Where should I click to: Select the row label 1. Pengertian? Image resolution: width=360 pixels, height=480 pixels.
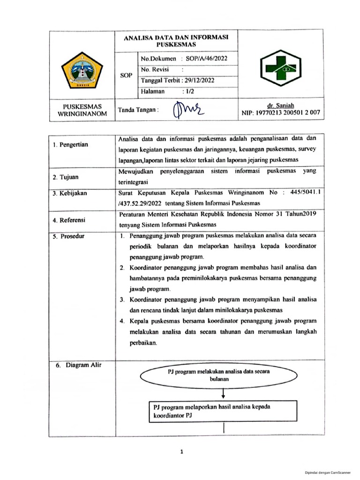point(70,144)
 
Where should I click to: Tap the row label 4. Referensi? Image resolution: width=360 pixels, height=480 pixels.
point(69,220)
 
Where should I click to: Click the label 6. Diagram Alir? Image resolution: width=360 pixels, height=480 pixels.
point(73,365)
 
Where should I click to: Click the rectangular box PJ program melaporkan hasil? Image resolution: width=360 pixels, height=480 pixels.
point(222,411)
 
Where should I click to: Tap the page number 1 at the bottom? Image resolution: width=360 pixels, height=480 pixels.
point(181,452)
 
